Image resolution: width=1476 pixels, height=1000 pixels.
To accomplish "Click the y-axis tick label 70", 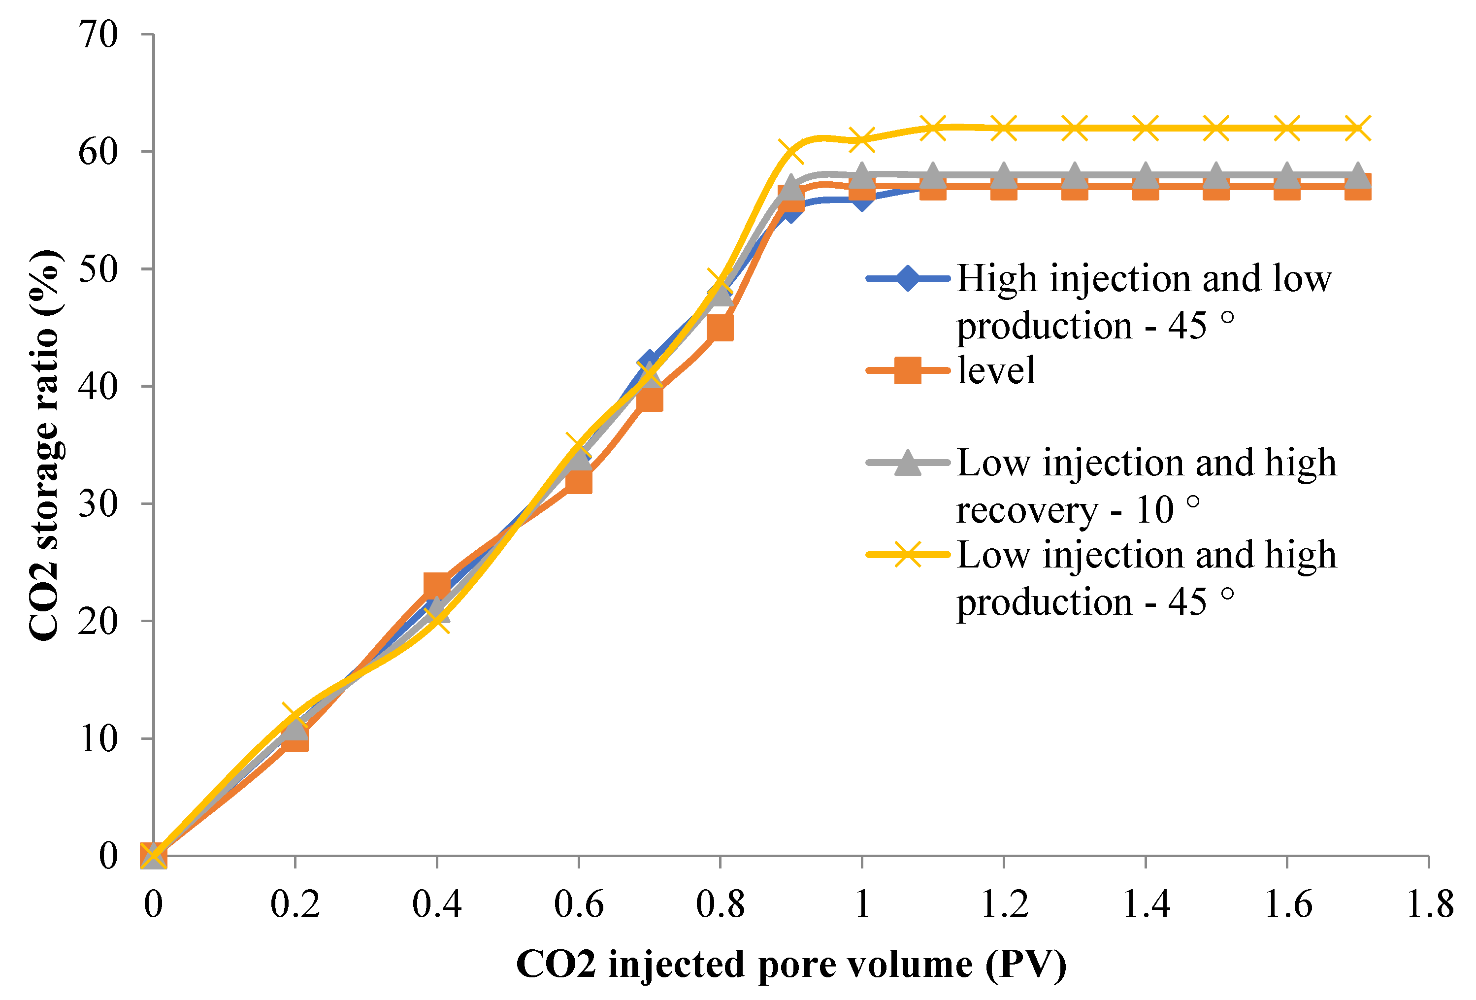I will point(98,34).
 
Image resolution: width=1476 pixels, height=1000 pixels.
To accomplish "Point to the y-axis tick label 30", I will point(98,504).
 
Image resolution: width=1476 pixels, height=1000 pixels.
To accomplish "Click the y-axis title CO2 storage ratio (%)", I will point(44,445).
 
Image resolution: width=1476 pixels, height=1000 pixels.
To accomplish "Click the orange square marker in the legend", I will point(908,370).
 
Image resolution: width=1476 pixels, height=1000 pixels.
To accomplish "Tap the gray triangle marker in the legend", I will point(908,463).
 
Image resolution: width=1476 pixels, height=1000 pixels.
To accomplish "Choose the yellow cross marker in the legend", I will point(908,555).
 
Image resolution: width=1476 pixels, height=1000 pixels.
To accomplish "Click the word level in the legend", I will point(996,370).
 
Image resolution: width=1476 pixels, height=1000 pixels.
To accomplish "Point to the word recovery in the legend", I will point(1026,510).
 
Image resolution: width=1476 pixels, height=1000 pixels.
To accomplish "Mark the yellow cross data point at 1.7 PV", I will point(1358,128).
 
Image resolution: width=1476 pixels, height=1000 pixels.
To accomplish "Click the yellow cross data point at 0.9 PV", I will point(791,151).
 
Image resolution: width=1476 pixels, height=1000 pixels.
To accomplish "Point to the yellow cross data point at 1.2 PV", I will point(1004,128).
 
